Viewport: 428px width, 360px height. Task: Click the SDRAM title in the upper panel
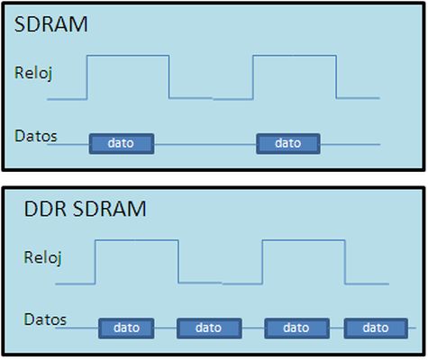coord(51,24)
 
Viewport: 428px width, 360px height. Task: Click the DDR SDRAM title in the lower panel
coord(85,209)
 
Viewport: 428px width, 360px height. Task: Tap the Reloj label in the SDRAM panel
coord(33,73)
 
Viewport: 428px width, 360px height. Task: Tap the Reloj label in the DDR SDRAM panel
coord(42,258)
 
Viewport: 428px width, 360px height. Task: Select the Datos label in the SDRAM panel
coord(35,136)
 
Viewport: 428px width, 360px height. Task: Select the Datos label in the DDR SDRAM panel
coord(45,319)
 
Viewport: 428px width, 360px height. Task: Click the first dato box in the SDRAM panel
coord(122,144)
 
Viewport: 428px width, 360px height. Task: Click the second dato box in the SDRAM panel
coord(288,144)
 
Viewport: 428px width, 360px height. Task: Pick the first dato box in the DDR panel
coord(126,328)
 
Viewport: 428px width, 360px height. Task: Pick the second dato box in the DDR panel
coord(209,328)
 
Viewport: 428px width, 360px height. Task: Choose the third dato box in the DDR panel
coord(296,328)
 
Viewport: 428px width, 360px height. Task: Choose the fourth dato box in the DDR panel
coord(376,328)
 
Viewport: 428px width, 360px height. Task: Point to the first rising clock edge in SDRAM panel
coord(87,77)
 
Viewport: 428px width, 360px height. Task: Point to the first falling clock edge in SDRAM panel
coord(169,76)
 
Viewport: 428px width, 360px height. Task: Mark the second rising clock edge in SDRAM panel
coord(253,77)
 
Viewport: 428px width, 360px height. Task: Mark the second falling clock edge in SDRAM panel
coord(336,76)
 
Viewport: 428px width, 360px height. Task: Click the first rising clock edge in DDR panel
coord(96,262)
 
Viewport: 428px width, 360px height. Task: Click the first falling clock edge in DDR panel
coord(178,261)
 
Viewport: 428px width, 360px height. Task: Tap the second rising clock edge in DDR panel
coord(262,262)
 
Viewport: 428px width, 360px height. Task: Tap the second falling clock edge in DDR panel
coord(345,262)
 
